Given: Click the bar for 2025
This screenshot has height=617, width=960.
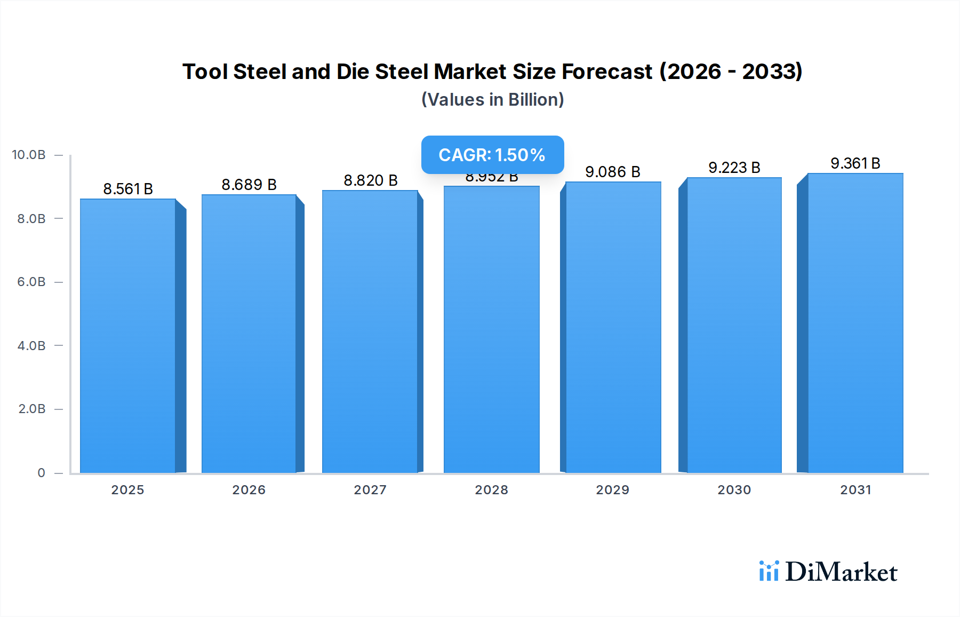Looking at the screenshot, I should tap(128, 336).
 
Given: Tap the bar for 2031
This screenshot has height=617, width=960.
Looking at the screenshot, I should tap(855, 323).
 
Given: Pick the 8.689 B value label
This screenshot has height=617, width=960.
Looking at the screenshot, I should tap(249, 185).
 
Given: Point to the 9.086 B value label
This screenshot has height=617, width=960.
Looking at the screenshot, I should tap(612, 172).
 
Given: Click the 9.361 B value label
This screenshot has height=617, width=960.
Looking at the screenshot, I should tap(855, 163).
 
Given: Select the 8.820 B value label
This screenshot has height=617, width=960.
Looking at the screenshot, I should tap(371, 180).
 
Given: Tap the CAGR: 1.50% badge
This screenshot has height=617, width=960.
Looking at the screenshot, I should tap(492, 155).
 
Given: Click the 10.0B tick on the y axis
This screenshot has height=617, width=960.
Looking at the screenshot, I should tap(29, 155).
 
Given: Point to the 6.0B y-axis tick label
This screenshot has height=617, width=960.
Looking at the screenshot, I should tap(31, 282).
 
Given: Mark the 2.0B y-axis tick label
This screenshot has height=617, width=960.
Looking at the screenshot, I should tap(31, 409).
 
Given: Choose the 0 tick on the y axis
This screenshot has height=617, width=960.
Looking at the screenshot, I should tap(41, 473).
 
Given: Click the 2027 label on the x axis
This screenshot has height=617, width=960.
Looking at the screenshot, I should tap(370, 490).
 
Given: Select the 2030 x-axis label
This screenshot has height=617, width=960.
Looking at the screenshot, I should tap(734, 490).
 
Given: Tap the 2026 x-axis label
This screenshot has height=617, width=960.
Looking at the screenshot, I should tap(249, 490).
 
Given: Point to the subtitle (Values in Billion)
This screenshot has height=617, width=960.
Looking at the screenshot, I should tap(492, 100).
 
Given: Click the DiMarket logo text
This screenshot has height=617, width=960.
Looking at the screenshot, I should tap(841, 572).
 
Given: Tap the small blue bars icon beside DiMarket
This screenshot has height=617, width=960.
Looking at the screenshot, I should tap(769, 571).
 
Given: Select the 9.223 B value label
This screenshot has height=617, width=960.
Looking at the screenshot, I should tap(734, 168).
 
